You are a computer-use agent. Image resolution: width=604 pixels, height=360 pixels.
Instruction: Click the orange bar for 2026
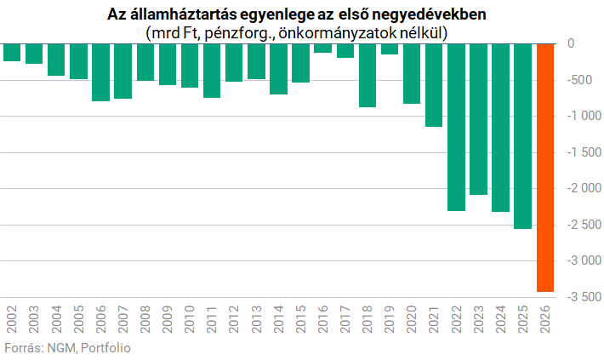pos(545,167)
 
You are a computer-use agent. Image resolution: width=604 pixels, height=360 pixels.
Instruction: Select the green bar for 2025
pos(523,135)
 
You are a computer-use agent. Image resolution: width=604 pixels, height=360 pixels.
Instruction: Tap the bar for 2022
pos(457,127)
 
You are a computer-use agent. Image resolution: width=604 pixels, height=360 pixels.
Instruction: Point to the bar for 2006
pos(100,72)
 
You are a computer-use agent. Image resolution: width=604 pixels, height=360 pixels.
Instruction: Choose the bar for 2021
pos(434,84)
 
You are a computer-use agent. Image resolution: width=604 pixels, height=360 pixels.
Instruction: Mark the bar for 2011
pos(212,71)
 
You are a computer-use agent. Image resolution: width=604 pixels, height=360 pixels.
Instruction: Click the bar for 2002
pos(12,52)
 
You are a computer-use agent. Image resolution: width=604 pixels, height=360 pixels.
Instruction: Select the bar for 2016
pos(323,48)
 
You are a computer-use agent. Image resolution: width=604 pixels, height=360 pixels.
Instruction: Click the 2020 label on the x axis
pos(412,318)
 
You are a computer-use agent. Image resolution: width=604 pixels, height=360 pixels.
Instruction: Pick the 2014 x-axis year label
pos(278,318)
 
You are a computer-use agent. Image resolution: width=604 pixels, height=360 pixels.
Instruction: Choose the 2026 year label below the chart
pos(545,318)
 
